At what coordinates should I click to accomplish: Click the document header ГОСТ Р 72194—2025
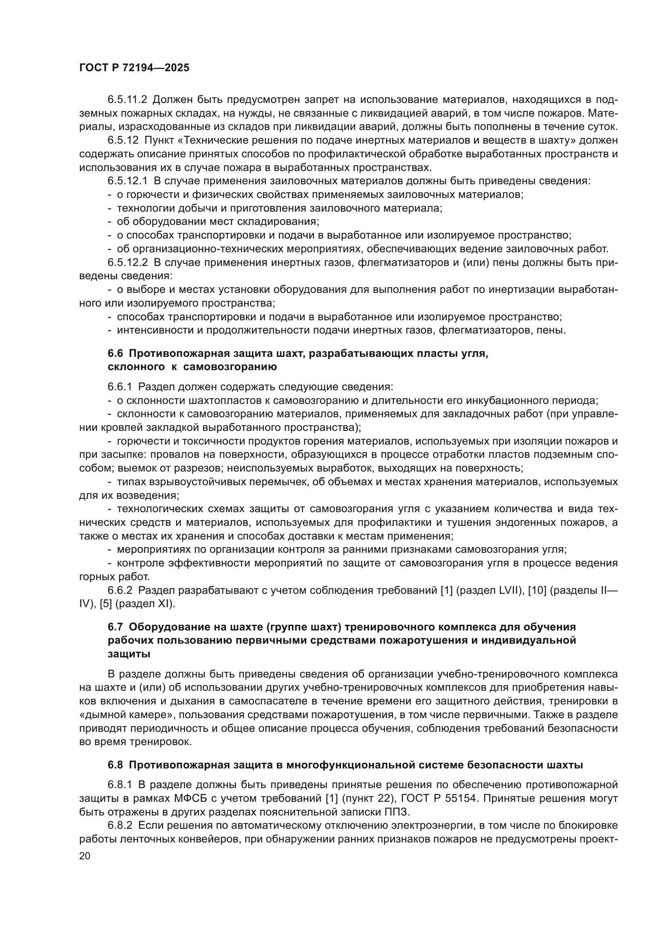coord(134,68)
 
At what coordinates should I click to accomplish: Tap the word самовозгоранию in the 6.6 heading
coord(230,367)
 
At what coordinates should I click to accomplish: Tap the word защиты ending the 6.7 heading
coord(129,654)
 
